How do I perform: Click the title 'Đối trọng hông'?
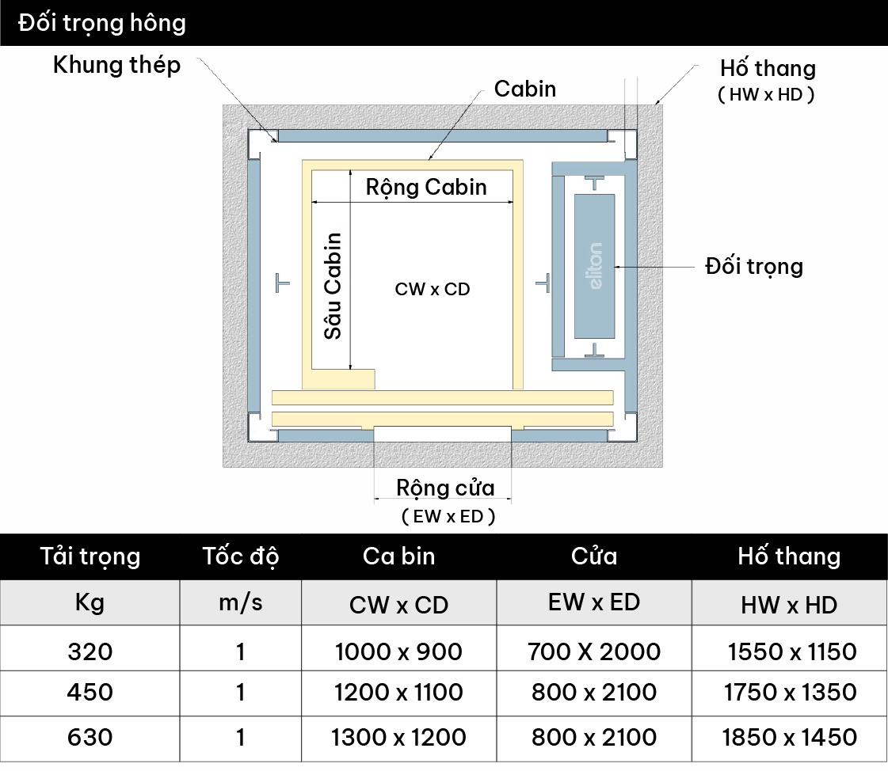pos(102,23)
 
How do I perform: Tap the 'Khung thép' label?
pos(116,65)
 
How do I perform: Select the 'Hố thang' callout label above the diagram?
pos(767,69)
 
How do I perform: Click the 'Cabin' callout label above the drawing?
pos(524,89)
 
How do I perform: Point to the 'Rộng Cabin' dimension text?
pos(426,188)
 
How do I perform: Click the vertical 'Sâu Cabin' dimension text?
pos(333,286)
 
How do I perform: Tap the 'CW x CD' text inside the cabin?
pos(433,289)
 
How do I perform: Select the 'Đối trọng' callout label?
pos(753,266)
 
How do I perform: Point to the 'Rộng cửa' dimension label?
pos(445,488)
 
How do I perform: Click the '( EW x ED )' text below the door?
pos(448,517)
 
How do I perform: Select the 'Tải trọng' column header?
pos(90,556)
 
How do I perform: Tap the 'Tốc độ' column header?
pos(240,556)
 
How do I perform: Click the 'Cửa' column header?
pos(594,556)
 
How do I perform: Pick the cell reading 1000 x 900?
pos(398,651)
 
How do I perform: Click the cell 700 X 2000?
pos(594,651)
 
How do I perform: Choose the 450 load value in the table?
pos(90,693)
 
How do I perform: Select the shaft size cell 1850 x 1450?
pos(789,737)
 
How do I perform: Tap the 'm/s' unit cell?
pos(240,603)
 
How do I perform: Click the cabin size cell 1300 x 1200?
pos(398,737)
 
